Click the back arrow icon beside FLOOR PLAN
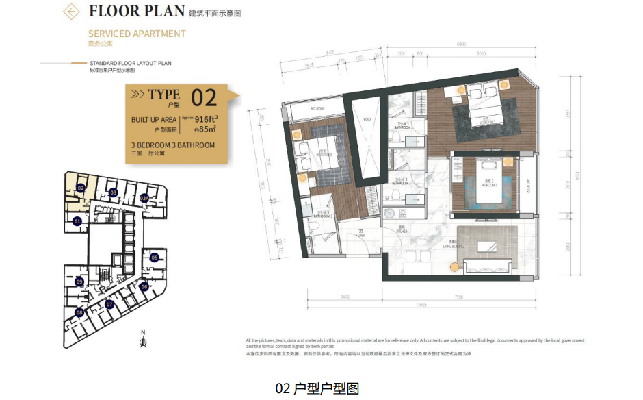(70, 12)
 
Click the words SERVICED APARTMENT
(137, 34)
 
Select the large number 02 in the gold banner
(204, 98)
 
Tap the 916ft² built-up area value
(205, 118)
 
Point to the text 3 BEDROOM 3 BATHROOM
(173, 145)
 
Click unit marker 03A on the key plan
(144, 198)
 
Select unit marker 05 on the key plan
(155, 258)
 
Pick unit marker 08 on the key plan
(79, 313)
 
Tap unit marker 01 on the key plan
(77, 221)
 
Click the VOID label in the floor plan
(367, 118)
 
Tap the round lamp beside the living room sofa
(452, 266)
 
